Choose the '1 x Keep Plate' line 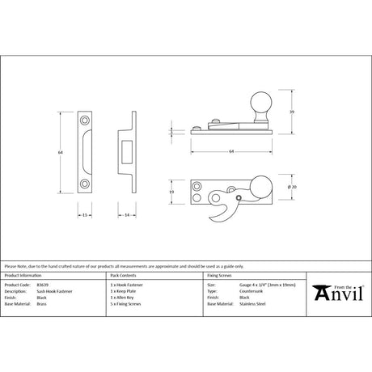pyautogui.click(x=124, y=291)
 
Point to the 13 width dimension pyautogui.click(x=84, y=215)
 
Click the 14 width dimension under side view pyautogui.click(x=129, y=215)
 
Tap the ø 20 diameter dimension pyautogui.click(x=294, y=187)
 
